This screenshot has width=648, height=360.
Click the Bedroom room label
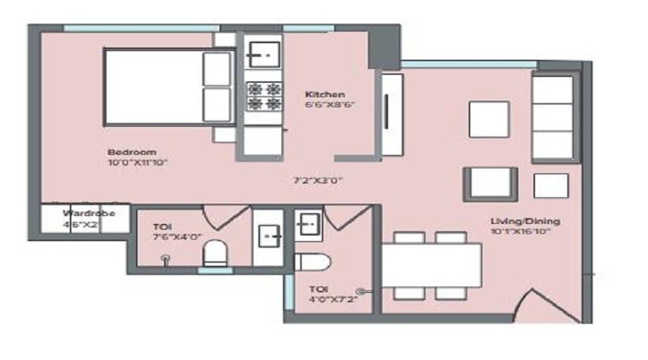pos(132,152)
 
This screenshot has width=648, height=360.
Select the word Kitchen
pos(325,94)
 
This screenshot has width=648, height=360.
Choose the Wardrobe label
pos(85,214)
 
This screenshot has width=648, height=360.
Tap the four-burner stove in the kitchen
pos(264,96)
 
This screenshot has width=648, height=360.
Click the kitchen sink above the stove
pos(264,54)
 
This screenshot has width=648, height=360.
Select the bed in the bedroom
pos(170,86)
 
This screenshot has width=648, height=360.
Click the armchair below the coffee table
pos(490,184)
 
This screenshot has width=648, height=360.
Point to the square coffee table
pos(489,119)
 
